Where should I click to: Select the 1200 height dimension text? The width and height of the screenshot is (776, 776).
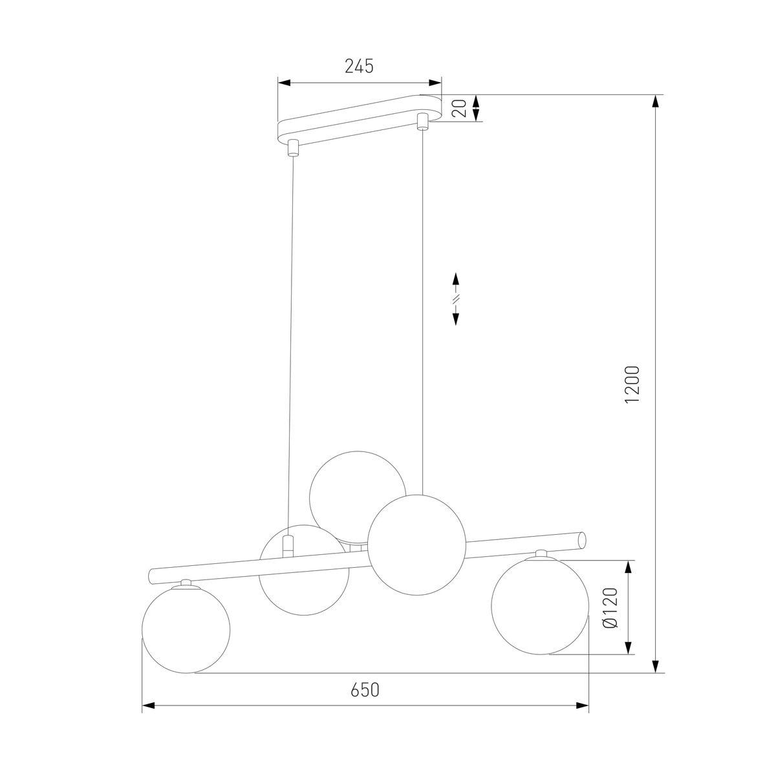click(x=632, y=385)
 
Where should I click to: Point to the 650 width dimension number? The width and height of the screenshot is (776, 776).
click(x=365, y=690)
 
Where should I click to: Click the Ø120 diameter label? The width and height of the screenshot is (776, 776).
click(x=610, y=608)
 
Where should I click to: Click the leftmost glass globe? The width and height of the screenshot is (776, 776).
click(x=185, y=628)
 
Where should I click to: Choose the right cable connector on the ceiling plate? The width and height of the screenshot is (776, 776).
click(x=423, y=121)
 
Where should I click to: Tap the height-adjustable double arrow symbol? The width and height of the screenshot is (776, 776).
click(x=456, y=299)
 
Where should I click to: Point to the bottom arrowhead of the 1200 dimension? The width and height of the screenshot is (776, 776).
click(x=656, y=666)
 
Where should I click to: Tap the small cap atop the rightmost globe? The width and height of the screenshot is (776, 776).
click(x=540, y=553)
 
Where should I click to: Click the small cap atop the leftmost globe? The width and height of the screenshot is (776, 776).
click(x=186, y=582)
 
